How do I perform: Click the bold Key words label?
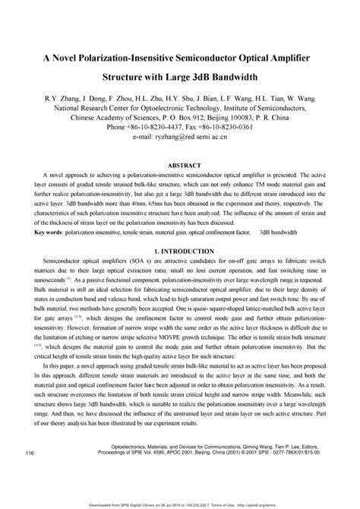coord(47,232)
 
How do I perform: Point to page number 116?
coord(30,454)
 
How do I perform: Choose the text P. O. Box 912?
coord(161,119)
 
